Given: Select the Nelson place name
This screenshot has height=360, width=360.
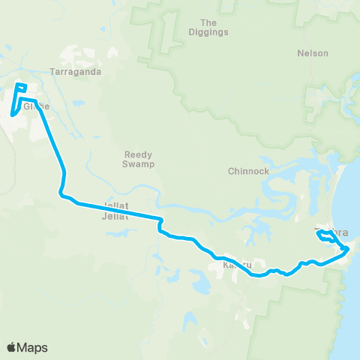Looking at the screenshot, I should (x=313, y=53).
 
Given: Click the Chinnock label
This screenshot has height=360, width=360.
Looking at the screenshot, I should (x=248, y=171).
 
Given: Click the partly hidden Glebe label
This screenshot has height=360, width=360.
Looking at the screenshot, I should (x=32, y=106).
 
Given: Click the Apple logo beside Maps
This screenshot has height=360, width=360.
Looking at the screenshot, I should (x=12, y=347).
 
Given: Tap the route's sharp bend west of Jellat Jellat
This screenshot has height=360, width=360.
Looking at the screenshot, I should (x=61, y=193).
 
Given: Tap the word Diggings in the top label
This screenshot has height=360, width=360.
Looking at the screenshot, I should (x=214, y=32).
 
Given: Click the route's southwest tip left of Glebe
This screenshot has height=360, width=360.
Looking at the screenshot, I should (x=13, y=114).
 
